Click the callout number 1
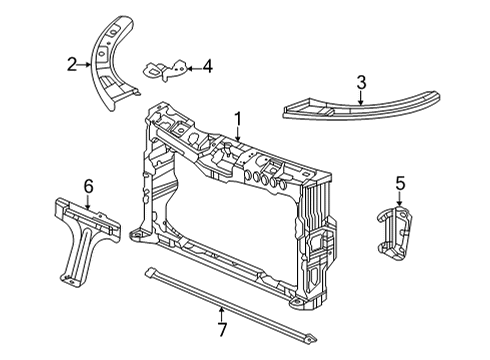(238, 119)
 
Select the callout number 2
(72, 65)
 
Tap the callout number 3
(361, 83)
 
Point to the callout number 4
(207, 66)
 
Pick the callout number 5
(400, 183)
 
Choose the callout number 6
(88, 186)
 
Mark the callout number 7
(222, 330)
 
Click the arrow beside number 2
(84, 65)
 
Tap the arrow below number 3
(361, 98)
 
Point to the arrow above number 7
(221, 315)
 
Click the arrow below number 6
(88, 202)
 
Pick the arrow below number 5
(400, 198)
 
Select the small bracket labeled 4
(166, 70)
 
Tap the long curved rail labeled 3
(361, 108)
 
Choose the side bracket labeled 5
(395, 233)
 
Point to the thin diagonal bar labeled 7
(231, 303)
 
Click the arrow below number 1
(238, 134)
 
